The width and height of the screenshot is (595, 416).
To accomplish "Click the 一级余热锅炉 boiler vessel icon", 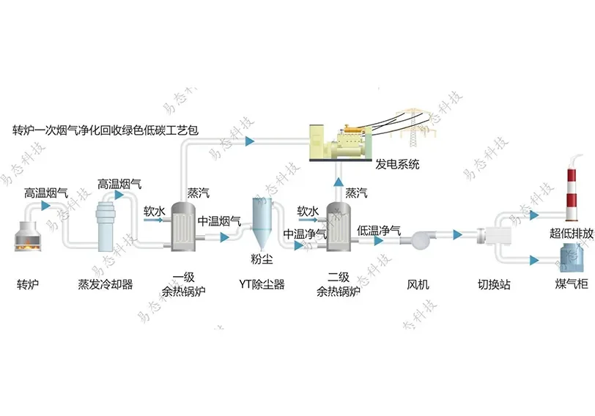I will [182, 229].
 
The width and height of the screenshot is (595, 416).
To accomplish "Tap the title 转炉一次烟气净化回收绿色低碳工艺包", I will [106, 131].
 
